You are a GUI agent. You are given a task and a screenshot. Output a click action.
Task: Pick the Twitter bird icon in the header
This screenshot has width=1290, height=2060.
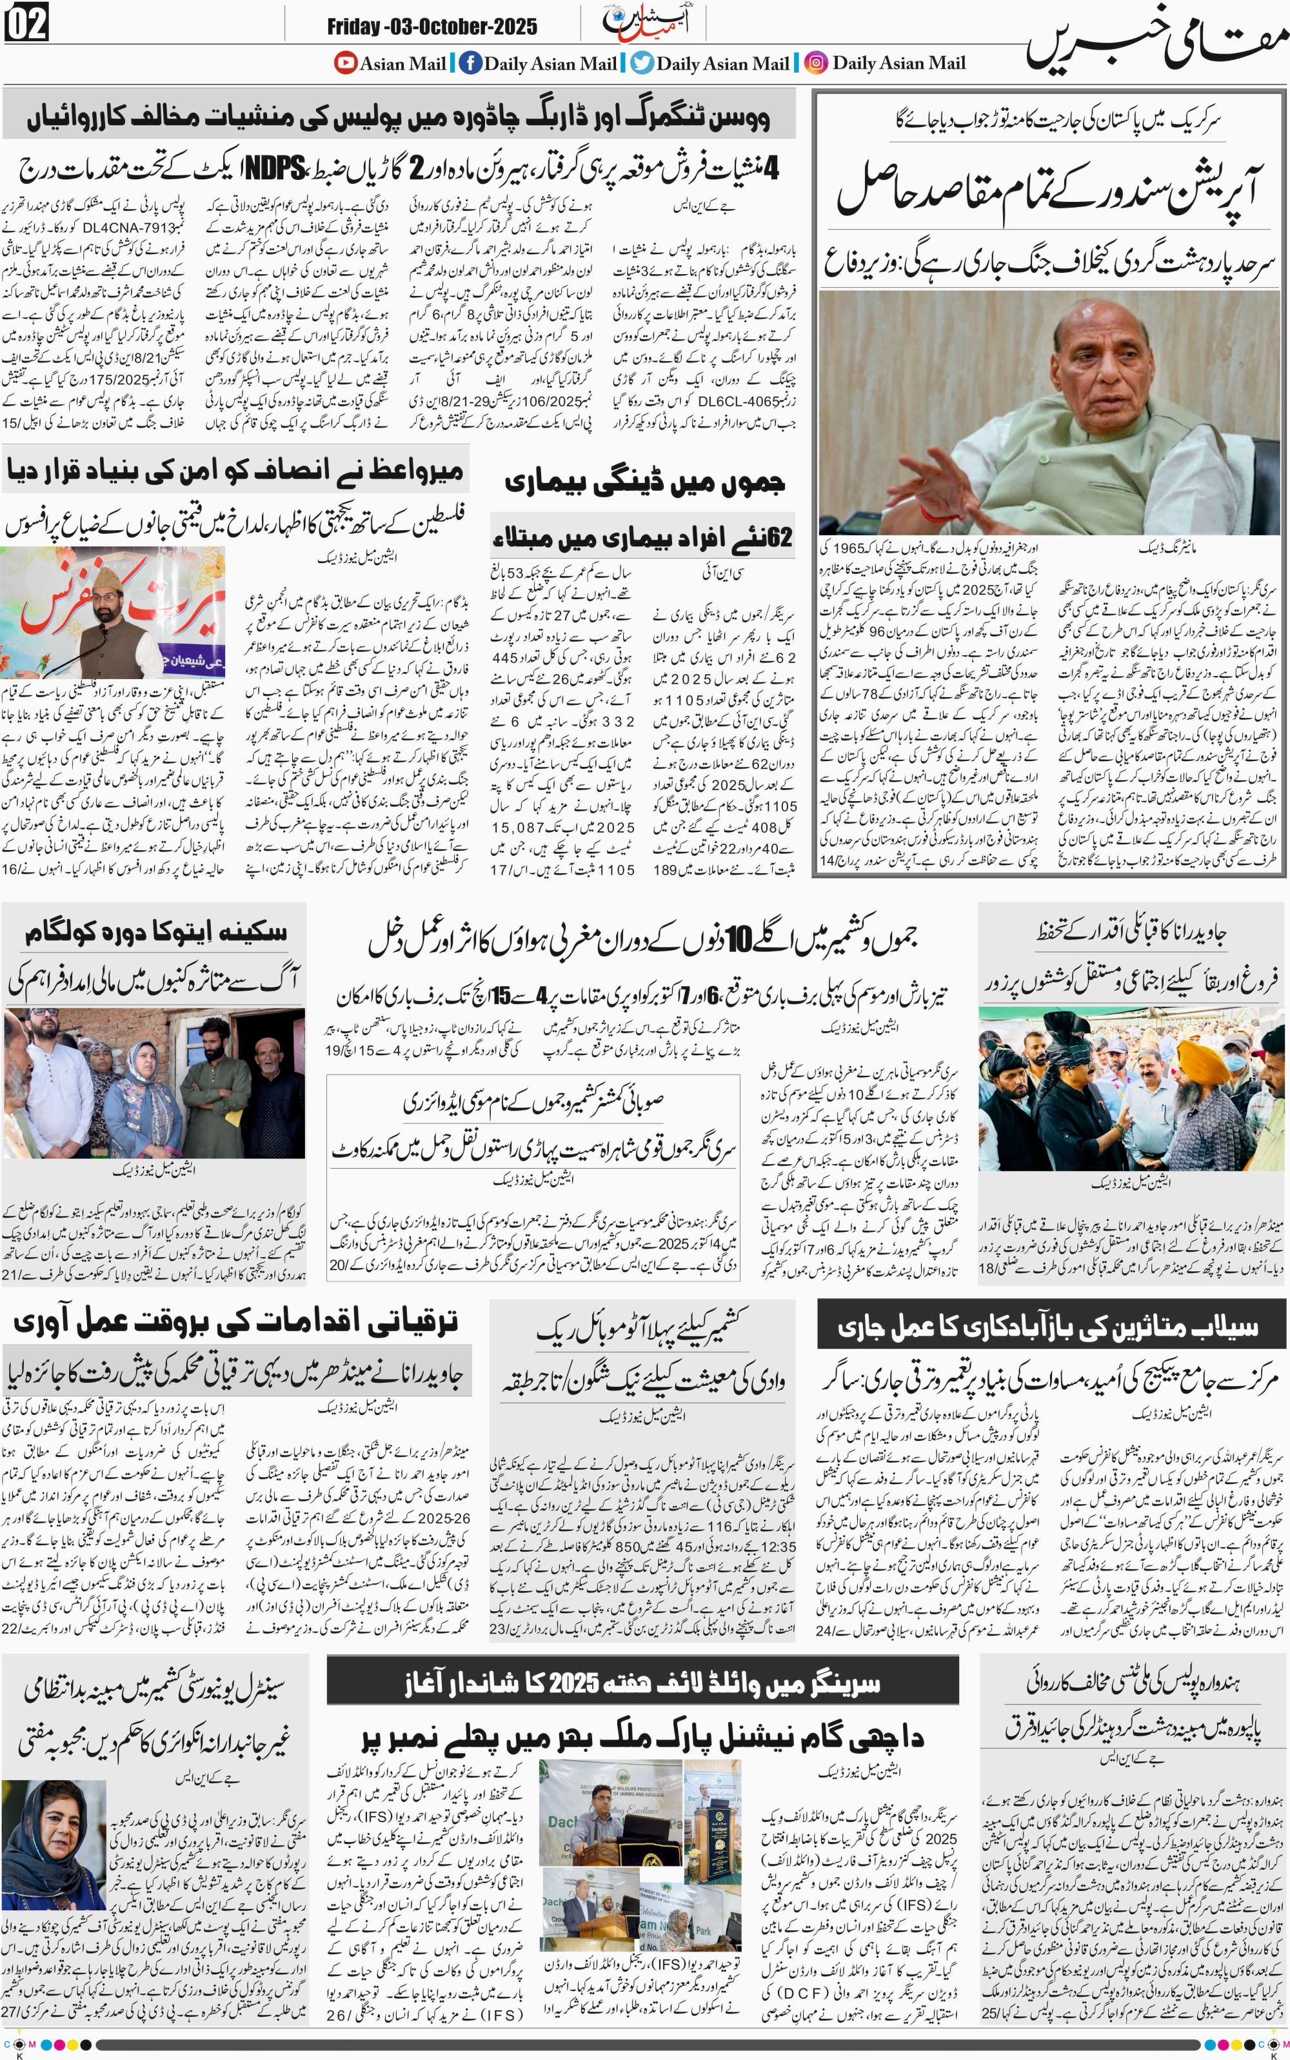642,63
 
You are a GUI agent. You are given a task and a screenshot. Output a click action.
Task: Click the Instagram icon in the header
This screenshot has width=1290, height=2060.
817,63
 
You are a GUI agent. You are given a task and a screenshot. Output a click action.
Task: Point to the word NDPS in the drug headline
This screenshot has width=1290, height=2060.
275,168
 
